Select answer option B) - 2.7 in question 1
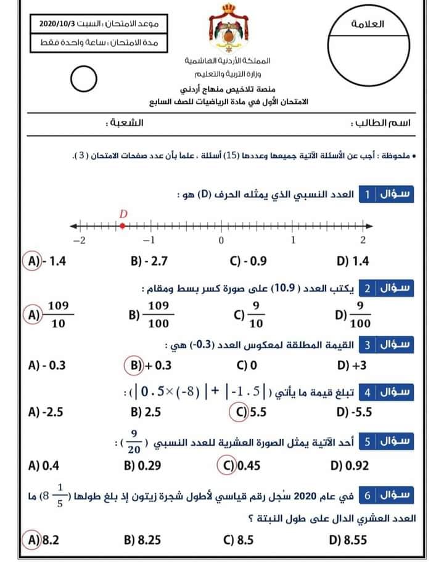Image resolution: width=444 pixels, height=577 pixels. [x=149, y=261]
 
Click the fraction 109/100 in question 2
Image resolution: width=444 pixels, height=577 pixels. [x=158, y=314]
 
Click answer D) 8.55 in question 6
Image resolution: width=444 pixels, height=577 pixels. [x=348, y=541]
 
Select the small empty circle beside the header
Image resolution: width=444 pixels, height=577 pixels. [x=83, y=78]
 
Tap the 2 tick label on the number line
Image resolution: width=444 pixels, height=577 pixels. [x=363, y=240]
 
